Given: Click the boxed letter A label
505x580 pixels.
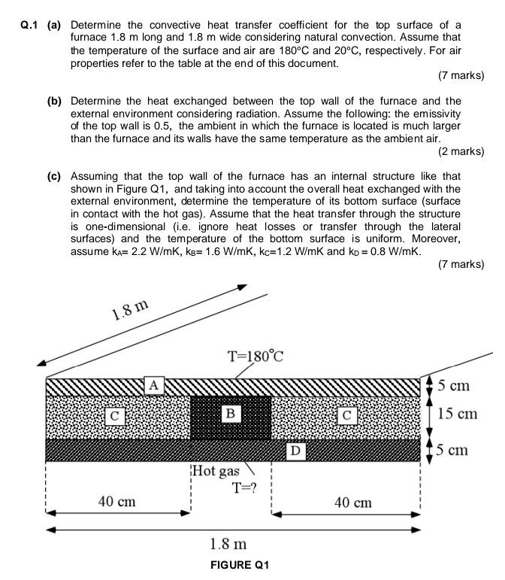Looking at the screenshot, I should point(154,385).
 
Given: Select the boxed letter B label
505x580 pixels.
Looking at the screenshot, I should point(231,413).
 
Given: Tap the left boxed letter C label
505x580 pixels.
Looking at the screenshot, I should point(114,415).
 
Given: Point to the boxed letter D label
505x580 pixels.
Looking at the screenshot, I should point(296,451).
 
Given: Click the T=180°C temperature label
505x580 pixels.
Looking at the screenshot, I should point(255,356).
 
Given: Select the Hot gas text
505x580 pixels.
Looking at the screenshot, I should point(217,471).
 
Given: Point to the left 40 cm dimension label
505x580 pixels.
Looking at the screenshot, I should point(117,501).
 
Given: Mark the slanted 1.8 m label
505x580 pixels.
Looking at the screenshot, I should point(130,309).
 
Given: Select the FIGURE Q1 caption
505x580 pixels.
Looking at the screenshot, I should point(240,565).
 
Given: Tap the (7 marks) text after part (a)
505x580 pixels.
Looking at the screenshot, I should point(460,75).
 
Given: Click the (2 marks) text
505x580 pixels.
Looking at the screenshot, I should point(460,151).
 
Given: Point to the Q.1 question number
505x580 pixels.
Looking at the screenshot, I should point(29,25).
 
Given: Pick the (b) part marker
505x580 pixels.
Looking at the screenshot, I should point(54,101).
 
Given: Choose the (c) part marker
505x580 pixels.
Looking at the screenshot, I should point(54,176).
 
